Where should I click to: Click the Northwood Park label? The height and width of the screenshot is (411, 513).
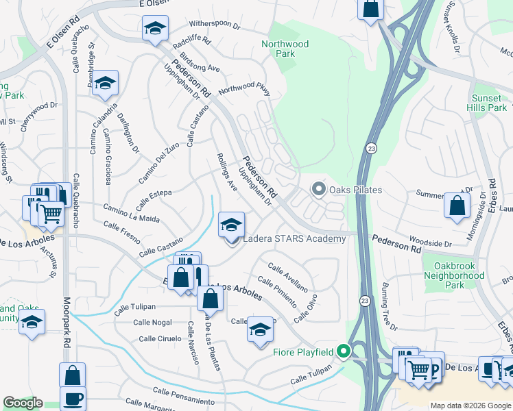(285, 49)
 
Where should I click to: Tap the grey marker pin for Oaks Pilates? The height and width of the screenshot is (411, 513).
(318, 188)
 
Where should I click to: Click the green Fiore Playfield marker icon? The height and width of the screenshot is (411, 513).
(344, 353)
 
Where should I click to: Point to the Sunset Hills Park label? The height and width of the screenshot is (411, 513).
(488, 103)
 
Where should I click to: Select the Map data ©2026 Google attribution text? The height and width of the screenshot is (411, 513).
(470, 406)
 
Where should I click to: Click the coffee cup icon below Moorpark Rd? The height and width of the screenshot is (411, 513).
(72, 399)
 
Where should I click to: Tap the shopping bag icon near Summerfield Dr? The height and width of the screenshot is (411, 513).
(457, 206)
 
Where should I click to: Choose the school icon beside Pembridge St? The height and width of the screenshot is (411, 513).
(105, 83)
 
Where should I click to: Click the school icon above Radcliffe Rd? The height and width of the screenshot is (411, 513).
(155, 29)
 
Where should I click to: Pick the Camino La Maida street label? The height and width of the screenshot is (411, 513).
(132, 212)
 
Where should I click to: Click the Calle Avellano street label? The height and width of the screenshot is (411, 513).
(287, 277)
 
